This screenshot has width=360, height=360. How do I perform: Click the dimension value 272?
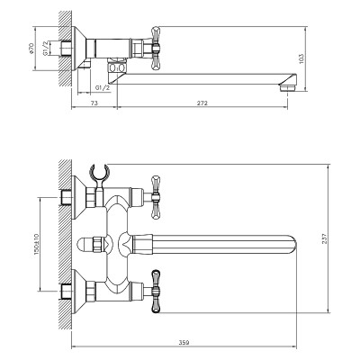(202, 103)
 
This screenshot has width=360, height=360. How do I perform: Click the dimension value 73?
(94, 103)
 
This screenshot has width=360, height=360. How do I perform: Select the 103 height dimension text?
(301, 58)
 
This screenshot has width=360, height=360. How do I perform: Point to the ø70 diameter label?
(32, 49)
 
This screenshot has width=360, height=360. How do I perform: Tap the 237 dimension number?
(324, 238)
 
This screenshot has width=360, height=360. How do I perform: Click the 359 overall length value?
(184, 343)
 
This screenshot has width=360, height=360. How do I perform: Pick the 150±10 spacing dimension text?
(37, 244)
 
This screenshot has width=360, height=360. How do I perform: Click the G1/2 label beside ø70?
(45, 49)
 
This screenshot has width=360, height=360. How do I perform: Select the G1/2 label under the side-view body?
(103, 87)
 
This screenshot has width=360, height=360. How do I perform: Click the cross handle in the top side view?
(156, 49)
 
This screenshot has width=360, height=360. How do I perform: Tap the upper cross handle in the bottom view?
(156, 197)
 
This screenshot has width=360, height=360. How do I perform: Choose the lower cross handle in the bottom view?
(156, 292)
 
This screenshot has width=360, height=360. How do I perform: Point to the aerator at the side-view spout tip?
(288, 88)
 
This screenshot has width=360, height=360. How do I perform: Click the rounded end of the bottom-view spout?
(292, 245)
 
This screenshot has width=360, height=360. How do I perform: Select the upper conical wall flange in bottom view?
(79, 197)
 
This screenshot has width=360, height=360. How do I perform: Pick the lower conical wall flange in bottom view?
(79, 292)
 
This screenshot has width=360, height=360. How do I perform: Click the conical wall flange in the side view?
(79, 49)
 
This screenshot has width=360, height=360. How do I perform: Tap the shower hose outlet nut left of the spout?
(97, 245)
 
